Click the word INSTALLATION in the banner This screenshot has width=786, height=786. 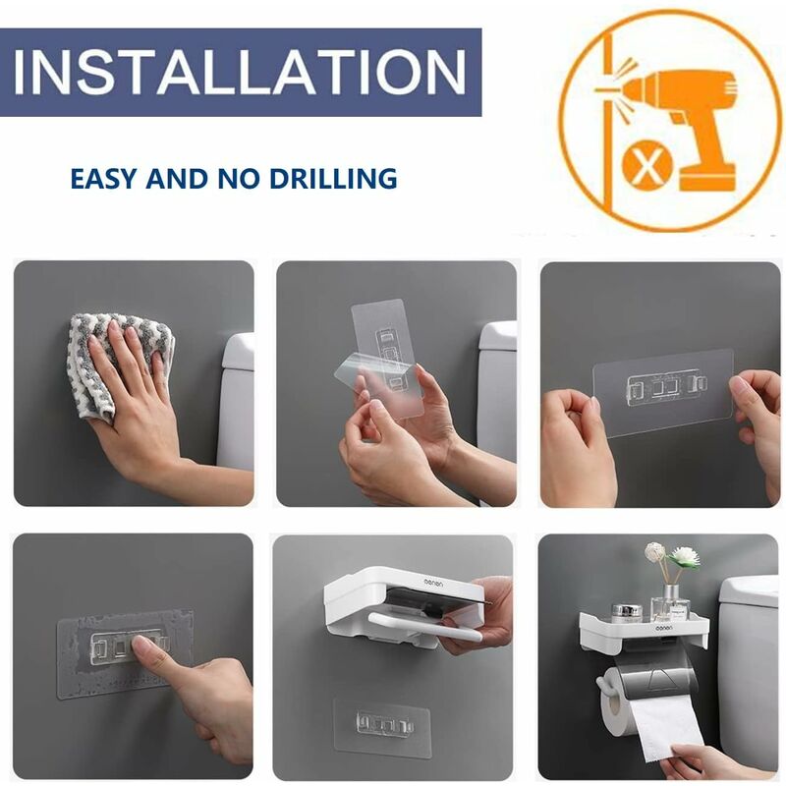[240, 72]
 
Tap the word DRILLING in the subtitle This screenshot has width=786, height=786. [333, 179]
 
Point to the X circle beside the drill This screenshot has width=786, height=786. [646, 164]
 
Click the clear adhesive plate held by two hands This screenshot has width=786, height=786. [662, 391]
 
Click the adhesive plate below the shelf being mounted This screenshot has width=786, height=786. [382, 724]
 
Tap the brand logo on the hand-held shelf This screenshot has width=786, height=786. [433, 583]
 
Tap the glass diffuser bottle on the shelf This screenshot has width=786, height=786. [672, 604]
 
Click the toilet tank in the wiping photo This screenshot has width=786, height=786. [236, 401]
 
